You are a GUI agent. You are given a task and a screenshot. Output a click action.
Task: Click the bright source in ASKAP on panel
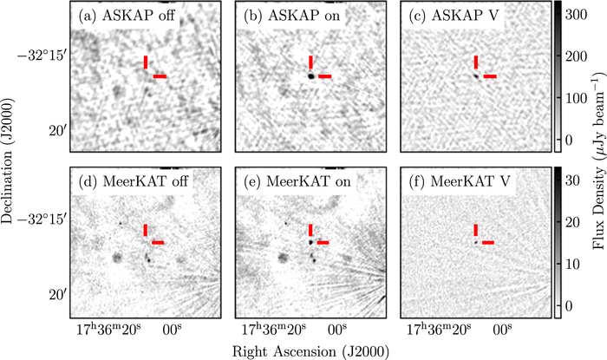310,76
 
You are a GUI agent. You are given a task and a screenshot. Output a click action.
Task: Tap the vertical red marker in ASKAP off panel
146,62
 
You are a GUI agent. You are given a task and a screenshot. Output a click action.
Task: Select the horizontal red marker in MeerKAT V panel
488,242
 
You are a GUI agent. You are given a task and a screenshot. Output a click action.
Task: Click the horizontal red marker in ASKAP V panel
491,76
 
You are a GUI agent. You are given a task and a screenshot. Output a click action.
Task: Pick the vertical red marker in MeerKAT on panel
310,229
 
